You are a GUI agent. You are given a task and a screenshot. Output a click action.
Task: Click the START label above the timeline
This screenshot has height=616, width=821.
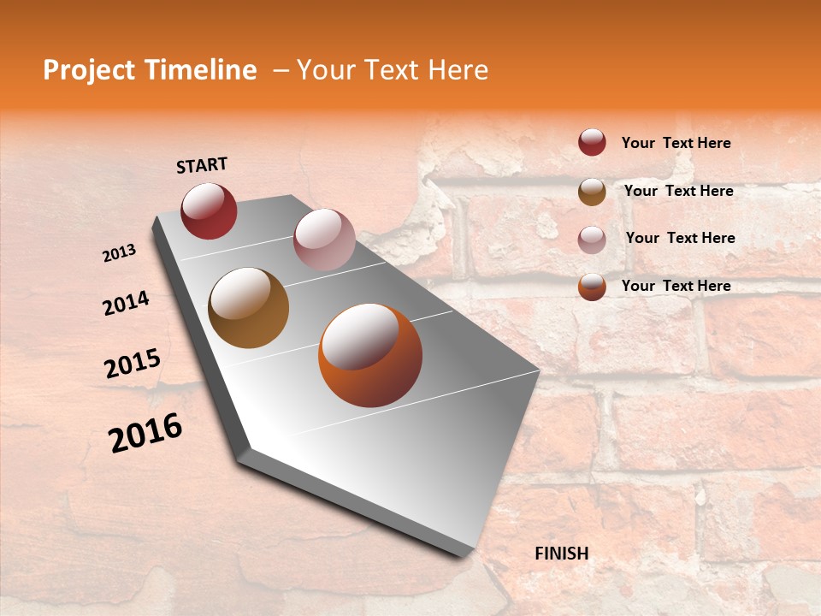click(202, 165)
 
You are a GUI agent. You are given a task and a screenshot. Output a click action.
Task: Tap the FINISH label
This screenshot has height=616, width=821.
click(561, 554)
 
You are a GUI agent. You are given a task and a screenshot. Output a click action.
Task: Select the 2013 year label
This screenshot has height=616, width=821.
click(119, 253)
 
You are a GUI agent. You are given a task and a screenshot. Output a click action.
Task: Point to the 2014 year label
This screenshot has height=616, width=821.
click(126, 303)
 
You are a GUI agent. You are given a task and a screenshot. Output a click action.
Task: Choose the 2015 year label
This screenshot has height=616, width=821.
click(133, 364)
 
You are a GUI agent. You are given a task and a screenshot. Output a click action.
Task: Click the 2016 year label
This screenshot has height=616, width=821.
click(145, 433)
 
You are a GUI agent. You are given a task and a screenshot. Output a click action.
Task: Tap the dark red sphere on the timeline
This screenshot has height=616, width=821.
click(209, 210)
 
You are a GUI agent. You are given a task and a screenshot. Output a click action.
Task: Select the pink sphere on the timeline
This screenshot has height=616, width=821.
click(323, 240)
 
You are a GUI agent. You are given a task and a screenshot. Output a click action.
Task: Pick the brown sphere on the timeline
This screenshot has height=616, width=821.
click(249, 308)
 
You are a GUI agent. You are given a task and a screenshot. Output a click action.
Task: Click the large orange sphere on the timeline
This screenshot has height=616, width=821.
click(370, 355)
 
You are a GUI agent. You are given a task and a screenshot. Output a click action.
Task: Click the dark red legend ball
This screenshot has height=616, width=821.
click(592, 142)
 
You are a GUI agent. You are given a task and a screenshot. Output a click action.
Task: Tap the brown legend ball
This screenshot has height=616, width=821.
click(592, 192)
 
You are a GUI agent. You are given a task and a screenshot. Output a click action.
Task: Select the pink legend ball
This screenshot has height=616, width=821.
click(592, 239)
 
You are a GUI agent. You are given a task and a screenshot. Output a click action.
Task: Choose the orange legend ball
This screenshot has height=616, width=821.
click(592, 287)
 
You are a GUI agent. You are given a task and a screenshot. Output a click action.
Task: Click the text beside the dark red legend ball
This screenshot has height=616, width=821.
click(676, 143)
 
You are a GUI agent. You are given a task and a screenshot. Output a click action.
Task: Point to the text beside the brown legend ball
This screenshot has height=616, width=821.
click(678, 191)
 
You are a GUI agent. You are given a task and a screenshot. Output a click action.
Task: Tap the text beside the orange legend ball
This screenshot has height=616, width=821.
click(676, 286)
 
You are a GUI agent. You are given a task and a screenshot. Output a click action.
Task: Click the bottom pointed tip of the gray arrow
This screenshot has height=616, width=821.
click(466, 554)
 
